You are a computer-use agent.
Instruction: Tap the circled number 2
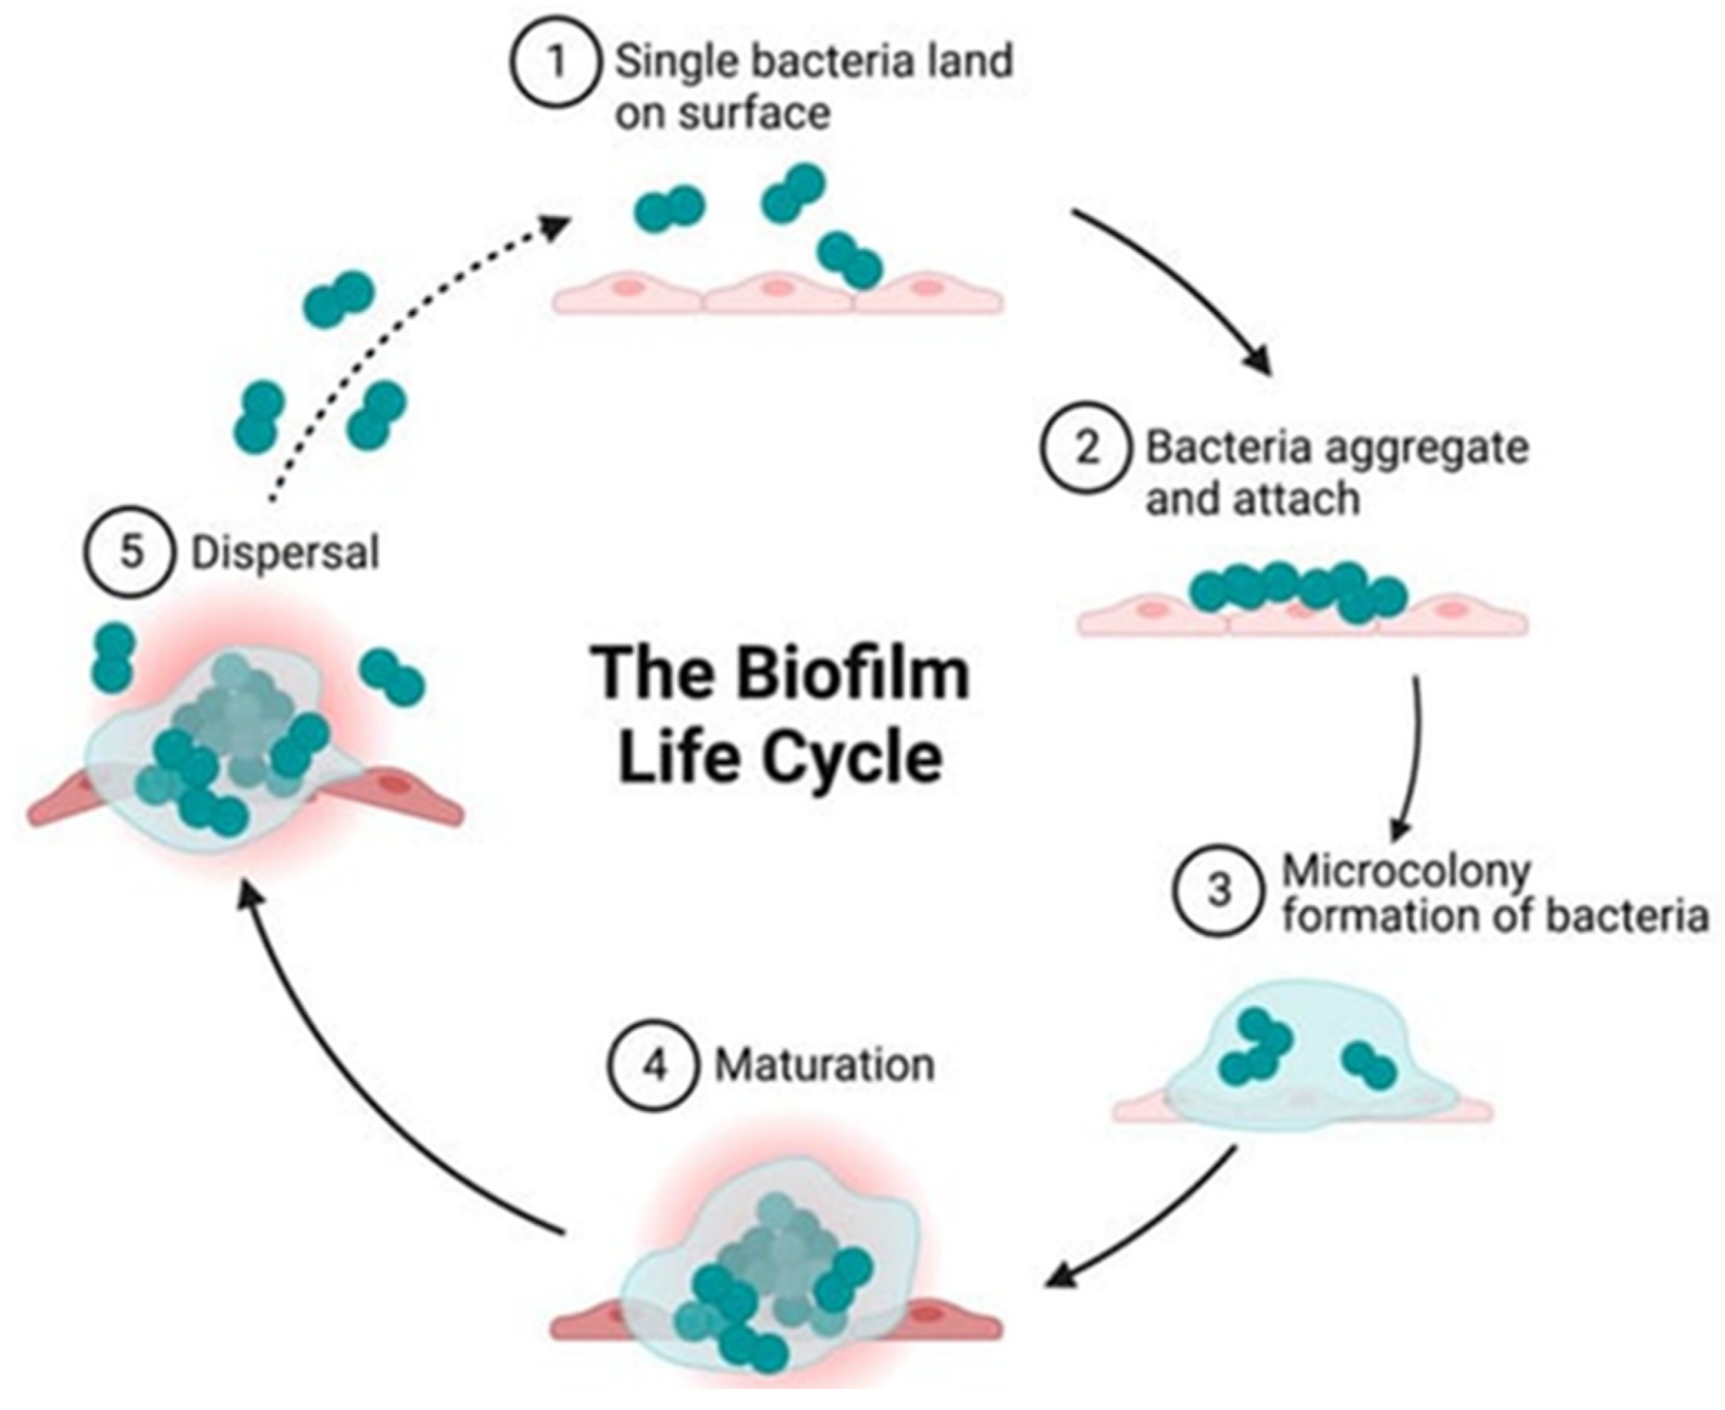[1087, 449]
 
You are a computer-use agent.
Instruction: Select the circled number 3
[1219, 890]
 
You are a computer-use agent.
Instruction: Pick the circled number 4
[654, 1064]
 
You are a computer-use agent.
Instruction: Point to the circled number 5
[130, 552]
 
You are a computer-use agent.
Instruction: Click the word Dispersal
[285, 553]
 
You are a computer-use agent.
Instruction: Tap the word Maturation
[824, 1064]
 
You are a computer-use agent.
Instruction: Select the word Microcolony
[1406, 871]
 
